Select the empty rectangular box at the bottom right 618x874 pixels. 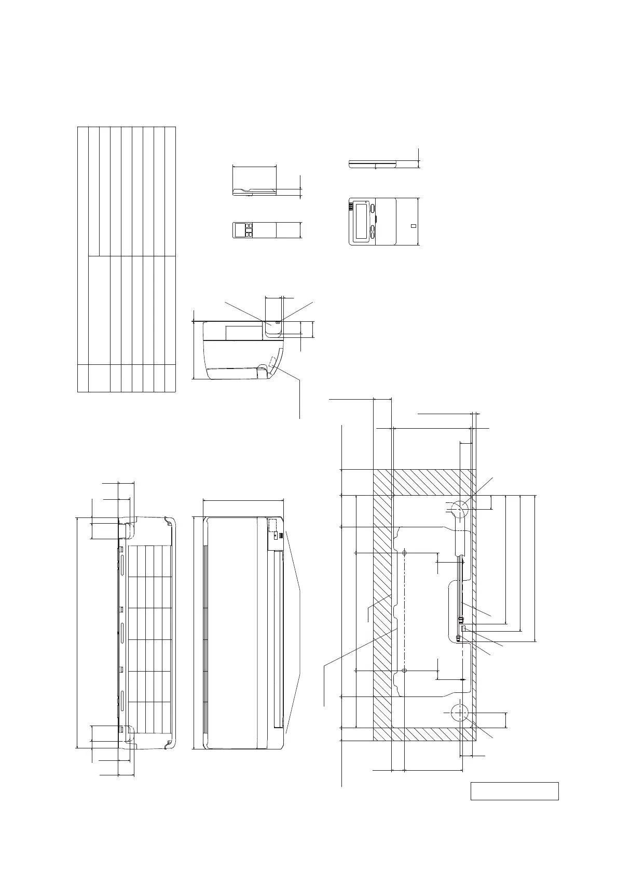coord(514,791)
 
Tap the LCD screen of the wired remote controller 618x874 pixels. coord(362,221)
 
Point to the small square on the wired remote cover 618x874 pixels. coord(413,226)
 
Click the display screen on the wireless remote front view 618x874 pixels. coord(240,230)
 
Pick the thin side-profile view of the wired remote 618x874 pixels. coord(374,164)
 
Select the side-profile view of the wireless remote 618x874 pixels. coord(254,191)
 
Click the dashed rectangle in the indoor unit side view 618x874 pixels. coord(273,361)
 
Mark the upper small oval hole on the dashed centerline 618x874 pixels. coord(404,553)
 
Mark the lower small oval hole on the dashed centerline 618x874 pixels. coord(404,671)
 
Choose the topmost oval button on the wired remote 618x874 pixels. coord(374,209)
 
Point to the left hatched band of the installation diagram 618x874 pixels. coord(382,607)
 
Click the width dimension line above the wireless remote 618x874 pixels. coord(254,167)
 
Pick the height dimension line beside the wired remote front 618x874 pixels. coord(418,221)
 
